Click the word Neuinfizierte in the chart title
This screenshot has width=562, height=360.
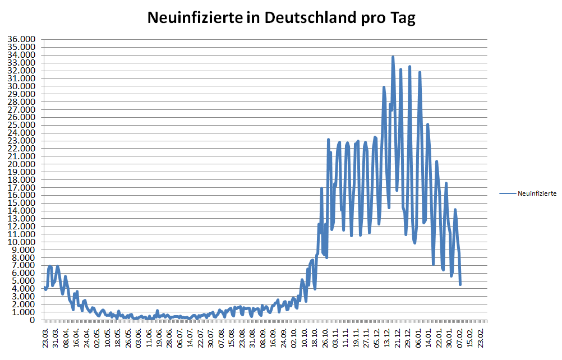pos(190,18)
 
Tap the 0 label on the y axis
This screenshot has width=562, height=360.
pos(34,320)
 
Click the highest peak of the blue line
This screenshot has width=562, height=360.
pos(393,57)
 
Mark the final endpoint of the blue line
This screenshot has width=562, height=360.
pos(460,284)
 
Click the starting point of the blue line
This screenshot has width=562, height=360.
pos(45,288)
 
